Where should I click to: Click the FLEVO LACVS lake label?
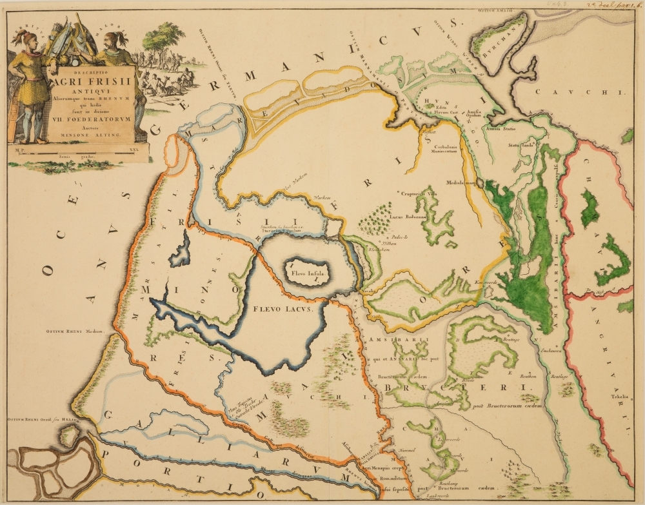point(283,310)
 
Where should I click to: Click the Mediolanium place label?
point(460,182)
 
